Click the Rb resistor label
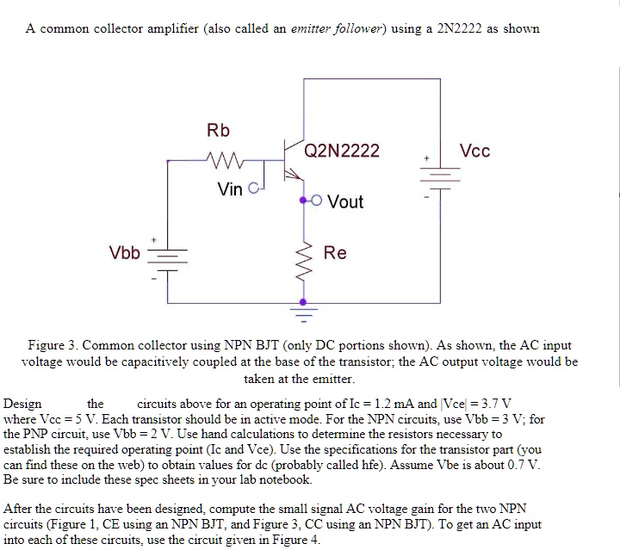pos(218,131)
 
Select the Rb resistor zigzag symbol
pos(226,159)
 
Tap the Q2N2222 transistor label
pos(342,151)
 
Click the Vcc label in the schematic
pos(474,151)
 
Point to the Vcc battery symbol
pos(437,178)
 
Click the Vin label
pos(230,189)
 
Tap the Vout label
pos(345,201)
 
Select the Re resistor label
pos(335,253)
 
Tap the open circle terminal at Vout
pos(316,201)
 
